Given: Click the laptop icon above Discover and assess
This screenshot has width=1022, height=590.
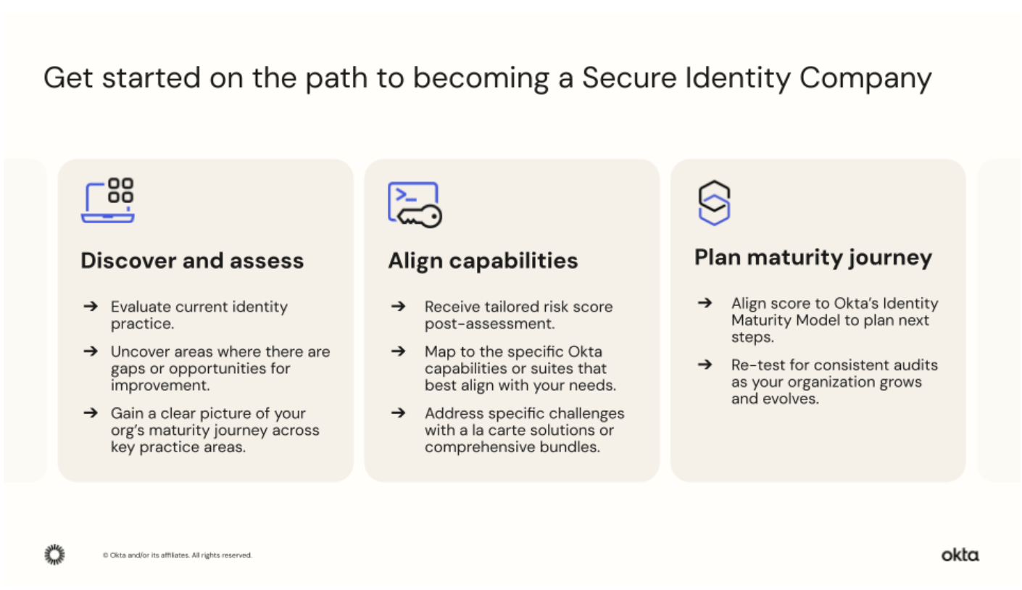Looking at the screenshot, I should (x=107, y=200).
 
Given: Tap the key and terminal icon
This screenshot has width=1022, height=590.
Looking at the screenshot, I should (x=414, y=204).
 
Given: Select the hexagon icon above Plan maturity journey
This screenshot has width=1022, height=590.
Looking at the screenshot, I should (x=713, y=202).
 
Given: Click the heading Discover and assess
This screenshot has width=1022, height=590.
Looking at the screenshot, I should (x=192, y=261).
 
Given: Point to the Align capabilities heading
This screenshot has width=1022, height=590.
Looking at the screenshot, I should (x=483, y=261).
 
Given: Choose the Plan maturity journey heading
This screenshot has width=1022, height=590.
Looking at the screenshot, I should (x=813, y=258).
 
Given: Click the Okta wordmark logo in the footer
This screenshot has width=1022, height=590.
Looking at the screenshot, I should (x=960, y=555).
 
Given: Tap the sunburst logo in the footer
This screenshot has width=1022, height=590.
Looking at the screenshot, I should (x=54, y=555).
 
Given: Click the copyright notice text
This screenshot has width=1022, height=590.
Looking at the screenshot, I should (x=178, y=556).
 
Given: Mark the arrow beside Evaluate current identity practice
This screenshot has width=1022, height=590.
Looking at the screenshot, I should (x=90, y=307).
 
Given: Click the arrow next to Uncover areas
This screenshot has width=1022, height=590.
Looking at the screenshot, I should (x=90, y=352).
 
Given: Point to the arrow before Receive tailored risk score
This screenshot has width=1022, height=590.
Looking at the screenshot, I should (x=397, y=307).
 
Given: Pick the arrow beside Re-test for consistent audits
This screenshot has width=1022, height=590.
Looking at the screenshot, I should (x=704, y=365).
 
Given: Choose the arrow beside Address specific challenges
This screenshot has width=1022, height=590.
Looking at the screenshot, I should (x=397, y=413).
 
